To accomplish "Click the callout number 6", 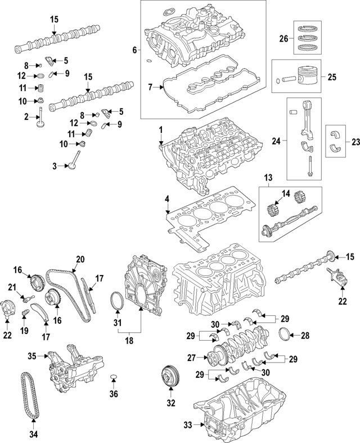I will point(134,51).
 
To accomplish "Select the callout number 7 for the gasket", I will point(150,87).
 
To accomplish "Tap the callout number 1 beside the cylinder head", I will point(160,129).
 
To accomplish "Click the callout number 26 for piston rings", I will point(283,39).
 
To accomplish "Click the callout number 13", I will point(268,179).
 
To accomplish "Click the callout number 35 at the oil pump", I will point(32,355).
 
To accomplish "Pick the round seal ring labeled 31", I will point(117,301).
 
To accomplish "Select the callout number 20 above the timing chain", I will point(80,259).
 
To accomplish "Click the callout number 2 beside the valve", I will point(26,117).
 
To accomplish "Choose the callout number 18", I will point(129,340).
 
